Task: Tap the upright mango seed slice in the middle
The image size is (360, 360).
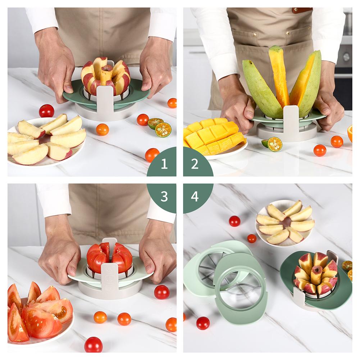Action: coord(279,76)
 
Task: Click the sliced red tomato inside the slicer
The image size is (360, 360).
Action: coord(109,257)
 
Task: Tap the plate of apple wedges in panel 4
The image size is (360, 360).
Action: coord(285,223)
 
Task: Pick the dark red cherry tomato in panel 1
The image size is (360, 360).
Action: coord(47,111)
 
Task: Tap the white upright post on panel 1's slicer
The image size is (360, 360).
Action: coord(105,101)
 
